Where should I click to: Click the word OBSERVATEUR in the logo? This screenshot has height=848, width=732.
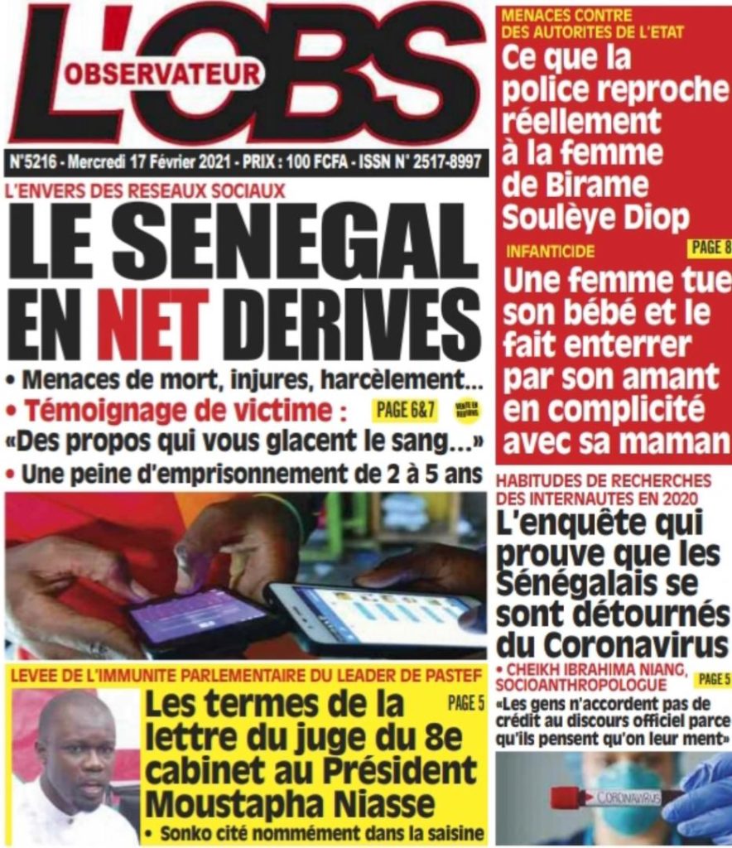[162, 75]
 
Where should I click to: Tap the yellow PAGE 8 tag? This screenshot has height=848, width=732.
[709, 248]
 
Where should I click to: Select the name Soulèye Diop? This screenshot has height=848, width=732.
[595, 218]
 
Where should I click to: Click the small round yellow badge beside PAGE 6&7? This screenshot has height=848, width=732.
[466, 408]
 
